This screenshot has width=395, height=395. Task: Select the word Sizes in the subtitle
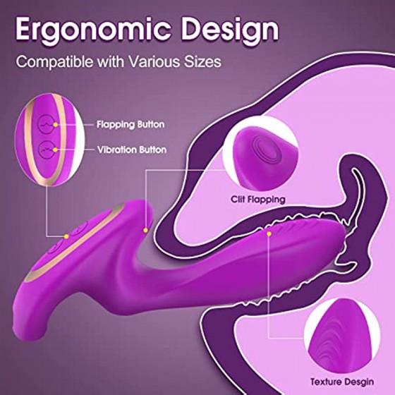[x=202, y=61]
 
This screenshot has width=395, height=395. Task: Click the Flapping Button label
[x=130, y=125]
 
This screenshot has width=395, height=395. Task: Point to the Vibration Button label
[x=132, y=150]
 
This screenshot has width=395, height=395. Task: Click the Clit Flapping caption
[x=258, y=200]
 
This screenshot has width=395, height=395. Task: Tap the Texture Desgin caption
[x=342, y=382]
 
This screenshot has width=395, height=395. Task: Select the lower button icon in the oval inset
[x=47, y=150]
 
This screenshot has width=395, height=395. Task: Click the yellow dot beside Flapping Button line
[x=56, y=124]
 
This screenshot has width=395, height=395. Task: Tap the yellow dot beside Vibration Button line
[x=56, y=150]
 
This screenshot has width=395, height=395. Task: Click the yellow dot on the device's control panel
[x=66, y=236]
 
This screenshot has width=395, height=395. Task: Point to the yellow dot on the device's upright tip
[x=145, y=230]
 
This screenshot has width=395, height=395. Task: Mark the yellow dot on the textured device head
[x=269, y=233]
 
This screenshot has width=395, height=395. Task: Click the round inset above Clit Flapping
[x=260, y=154]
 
